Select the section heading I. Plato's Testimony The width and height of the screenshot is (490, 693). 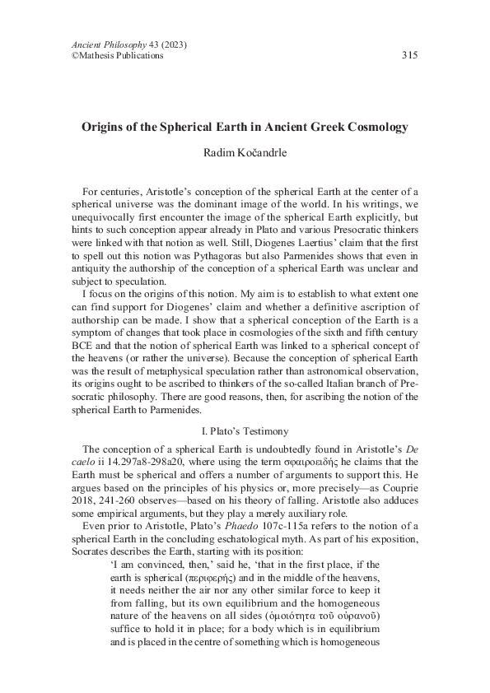[245, 430]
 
